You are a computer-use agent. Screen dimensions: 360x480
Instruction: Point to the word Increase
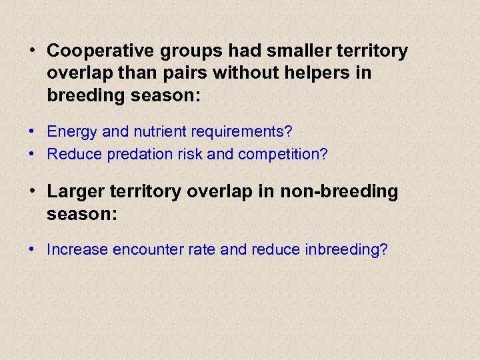coord(77,250)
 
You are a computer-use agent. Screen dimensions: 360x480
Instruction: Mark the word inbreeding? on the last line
coord(345,250)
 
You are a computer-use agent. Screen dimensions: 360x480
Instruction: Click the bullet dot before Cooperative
coord(32,51)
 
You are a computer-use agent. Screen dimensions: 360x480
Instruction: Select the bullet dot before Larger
coord(32,192)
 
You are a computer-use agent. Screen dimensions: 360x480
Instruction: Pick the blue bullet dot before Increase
coord(32,250)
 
